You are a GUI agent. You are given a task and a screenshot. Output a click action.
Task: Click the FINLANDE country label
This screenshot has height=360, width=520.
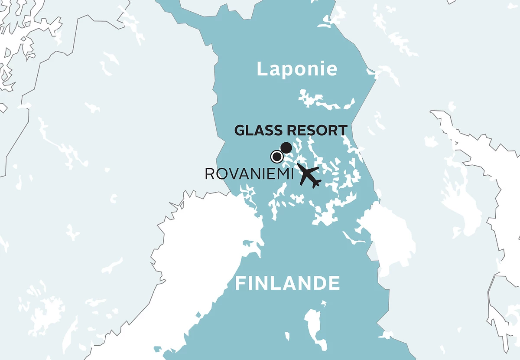tap(287, 284)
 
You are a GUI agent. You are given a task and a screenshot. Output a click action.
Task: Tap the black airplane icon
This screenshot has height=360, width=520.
tap(309, 175)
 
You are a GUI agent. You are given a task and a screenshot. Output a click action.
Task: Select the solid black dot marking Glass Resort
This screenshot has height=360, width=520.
tap(286, 147)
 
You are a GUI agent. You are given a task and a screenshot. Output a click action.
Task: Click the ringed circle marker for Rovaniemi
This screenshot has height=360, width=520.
tap(276, 156)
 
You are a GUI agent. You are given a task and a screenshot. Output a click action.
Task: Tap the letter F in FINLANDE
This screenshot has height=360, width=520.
tap(240, 284)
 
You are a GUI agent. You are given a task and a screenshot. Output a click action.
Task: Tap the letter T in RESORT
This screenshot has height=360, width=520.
tap(342, 130)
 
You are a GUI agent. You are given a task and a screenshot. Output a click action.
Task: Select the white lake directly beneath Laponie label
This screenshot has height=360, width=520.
tap(325, 101)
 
